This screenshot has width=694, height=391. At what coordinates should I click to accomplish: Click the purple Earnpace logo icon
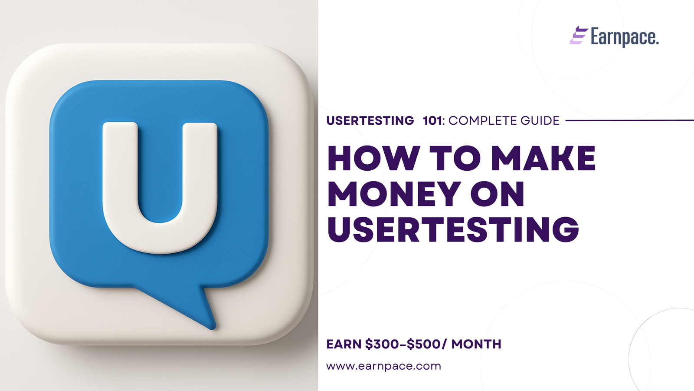tap(579, 35)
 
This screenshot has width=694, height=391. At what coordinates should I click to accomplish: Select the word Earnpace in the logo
tap(624, 37)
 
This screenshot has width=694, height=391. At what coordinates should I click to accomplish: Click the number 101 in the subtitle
tap(432, 121)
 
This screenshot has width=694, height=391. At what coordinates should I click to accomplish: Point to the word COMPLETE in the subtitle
tap(482, 121)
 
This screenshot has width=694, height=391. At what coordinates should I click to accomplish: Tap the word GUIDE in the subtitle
tap(540, 121)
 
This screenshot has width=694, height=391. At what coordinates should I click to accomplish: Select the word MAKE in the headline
tap(543, 158)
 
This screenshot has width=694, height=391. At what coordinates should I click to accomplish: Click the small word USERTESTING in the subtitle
tap(370, 121)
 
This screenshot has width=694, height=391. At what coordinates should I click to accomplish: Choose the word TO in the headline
tap(455, 158)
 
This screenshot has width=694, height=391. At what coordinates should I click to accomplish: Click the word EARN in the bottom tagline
tap(344, 344)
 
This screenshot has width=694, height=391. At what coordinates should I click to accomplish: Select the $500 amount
tap(423, 344)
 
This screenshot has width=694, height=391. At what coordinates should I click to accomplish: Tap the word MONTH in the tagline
tap(476, 344)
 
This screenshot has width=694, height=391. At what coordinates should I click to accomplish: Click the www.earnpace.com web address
tap(383, 366)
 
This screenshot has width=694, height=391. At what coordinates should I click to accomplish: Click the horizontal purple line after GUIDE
tap(629, 120)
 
